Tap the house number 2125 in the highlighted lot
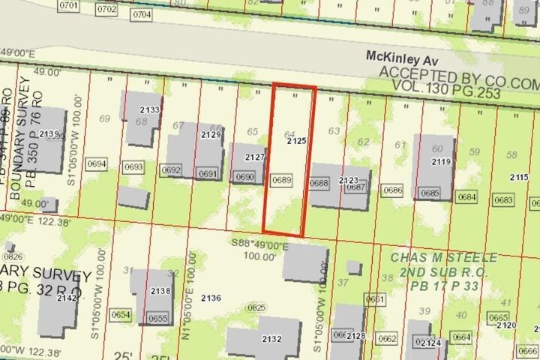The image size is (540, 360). pos(297,140)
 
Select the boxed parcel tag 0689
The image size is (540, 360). pos(281,180)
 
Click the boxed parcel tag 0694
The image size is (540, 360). pos(97,164)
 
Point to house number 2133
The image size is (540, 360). pos(149,110)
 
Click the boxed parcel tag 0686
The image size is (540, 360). pos(392,190)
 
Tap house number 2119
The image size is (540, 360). pos(440,161)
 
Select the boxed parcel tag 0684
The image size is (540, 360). pos(466,197)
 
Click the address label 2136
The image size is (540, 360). pos(211,298)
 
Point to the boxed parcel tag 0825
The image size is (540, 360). pos(257,307)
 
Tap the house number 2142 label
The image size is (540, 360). pos(66,298)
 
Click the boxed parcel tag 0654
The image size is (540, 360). pos(121,316)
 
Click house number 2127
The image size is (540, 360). pos(255,157)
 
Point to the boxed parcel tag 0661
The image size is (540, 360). pos(375,299)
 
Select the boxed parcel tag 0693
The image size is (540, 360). pos(133,166)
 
